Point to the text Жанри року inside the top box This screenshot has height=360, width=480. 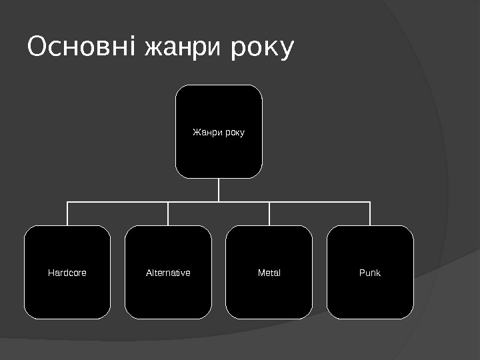pyautogui.click(x=219, y=132)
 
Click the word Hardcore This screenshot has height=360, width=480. pyautogui.click(x=67, y=273)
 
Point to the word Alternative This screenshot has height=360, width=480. pyautogui.click(x=168, y=273)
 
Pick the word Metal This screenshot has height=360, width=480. pyautogui.click(x=269, y=273)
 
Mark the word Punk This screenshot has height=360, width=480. pyautogui.click(x=370, y=273)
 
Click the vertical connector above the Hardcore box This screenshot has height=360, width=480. pyautogui.click(x=67, y=213)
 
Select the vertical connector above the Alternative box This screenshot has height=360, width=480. pyautogui.click(x=168, y=213)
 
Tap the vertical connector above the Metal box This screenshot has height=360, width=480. pyautogui.click(x=269, y=213)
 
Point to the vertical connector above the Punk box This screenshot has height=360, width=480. pyautogui.click(x=370, y=213)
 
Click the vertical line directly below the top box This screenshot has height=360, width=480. pyautogui.click(x=219, y=189)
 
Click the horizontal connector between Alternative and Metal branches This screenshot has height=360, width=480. pyautogui.click(x=244, y=201)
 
